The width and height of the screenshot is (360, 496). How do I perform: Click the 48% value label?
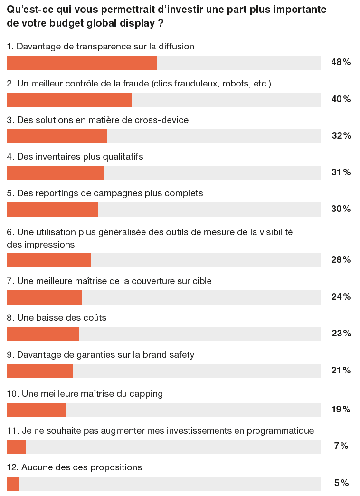341,62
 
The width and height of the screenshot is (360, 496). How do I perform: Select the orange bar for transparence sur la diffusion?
82,63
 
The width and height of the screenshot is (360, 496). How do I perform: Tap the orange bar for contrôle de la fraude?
69,99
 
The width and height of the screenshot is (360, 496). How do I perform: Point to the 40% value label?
341,99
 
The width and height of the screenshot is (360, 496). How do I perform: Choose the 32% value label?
341,136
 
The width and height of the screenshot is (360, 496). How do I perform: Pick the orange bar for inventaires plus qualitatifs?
55,173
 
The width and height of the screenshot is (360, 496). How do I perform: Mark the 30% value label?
341,209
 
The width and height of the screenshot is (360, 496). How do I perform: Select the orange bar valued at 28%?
49,260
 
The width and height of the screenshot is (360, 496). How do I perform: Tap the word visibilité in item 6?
275,232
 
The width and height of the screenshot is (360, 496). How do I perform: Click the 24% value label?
341,297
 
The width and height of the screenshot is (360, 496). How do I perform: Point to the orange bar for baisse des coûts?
43,334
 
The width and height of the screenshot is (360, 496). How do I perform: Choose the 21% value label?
341,371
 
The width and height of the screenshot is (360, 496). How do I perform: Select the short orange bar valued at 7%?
16,447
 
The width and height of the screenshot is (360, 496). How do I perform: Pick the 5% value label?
341,483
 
